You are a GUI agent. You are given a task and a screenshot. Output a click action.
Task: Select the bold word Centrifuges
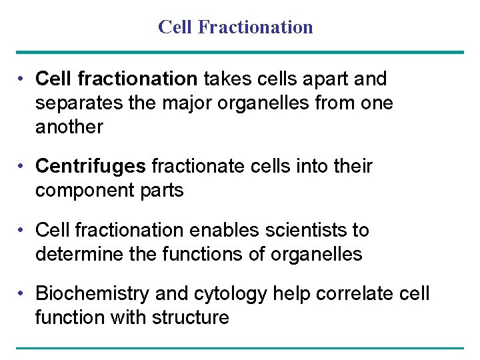92,166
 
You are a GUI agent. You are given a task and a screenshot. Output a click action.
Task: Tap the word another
69,127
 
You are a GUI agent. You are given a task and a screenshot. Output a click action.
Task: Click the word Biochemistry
92,293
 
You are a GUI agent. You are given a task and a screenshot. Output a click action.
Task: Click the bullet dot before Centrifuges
22,166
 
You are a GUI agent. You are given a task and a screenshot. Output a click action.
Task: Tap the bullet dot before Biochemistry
22,293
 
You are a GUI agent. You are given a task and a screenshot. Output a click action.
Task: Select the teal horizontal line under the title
240,52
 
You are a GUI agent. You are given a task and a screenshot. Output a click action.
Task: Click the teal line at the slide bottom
240,347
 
